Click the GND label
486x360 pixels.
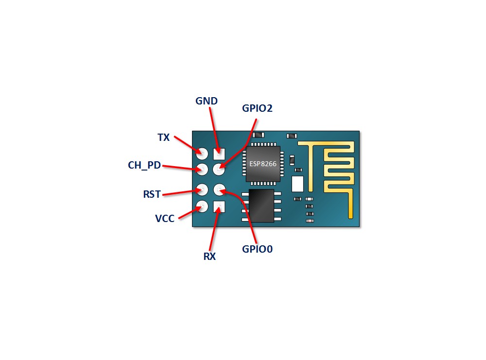pyautogui.click(x=207, y=101)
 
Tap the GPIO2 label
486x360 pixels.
pyautogui.click(x=257, y=108)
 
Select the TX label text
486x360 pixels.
pyautogui.click(x=164, y=137)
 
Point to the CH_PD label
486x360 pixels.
pyautogui.click(x=144, y=165)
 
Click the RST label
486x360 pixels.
pyautogui.click(x=152, y=194)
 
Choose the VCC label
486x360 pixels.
pyautogui.click(x=165, y=218)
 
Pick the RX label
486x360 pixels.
pyautogui.click(x=209, y=257)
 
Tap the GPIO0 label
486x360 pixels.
pyautogui.click(x=258, y=249)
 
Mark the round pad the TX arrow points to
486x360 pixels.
pyautogui.click(x=202, y=154)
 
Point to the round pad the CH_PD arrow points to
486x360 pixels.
pyautogui.click(x=202, y=170)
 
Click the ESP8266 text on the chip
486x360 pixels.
pyautogui.click(x=263, y=164)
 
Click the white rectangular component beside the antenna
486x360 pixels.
pyautogui.click(x=297, y=184)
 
